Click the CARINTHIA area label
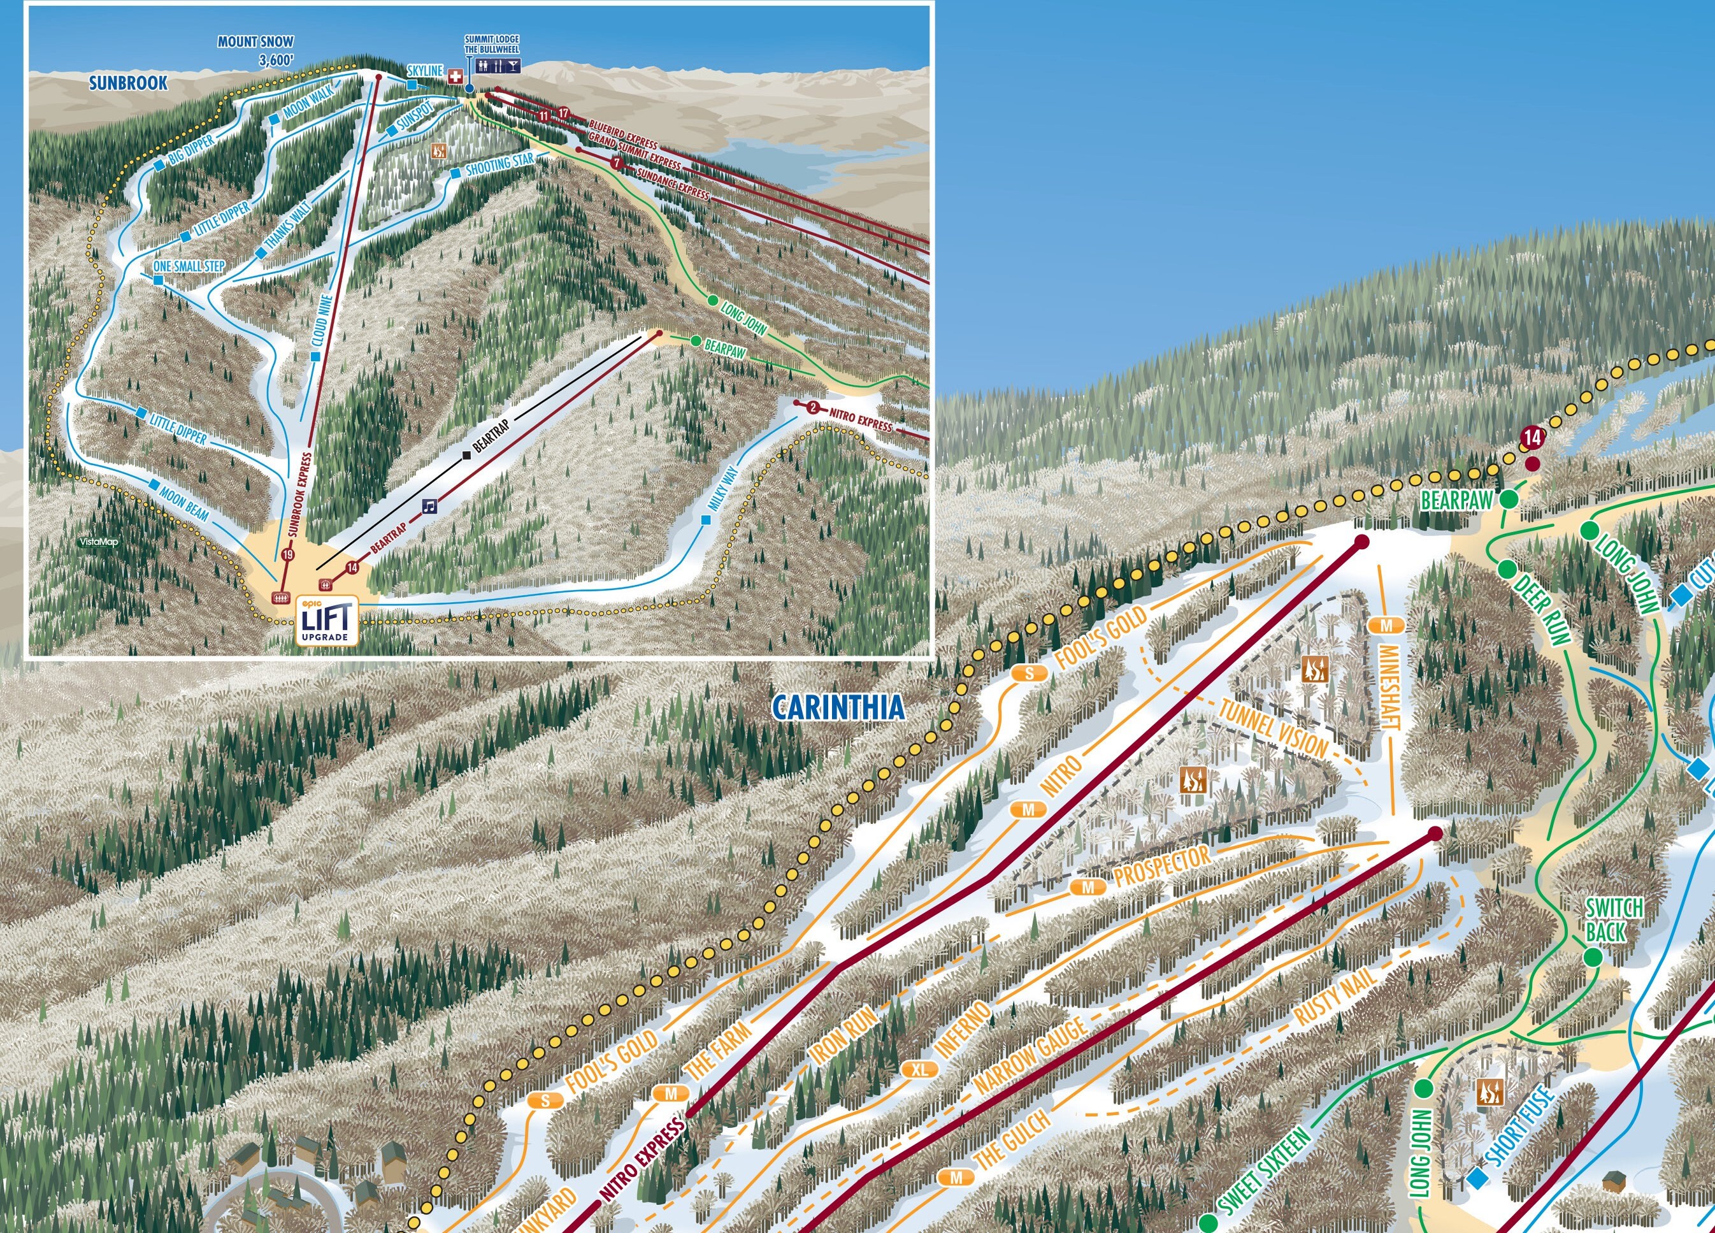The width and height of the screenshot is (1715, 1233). (x=838, y=708)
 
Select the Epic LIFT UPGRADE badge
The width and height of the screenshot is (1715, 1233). (x=327, y=622)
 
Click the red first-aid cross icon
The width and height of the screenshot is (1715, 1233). (x=456, y=76)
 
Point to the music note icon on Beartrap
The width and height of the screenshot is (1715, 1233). (x=429, y=506)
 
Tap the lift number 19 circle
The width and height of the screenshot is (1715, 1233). (x=287, y=554)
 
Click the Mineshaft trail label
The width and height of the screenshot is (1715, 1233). (x=1390, y=688)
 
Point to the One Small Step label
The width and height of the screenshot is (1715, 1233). (x=189, y=266)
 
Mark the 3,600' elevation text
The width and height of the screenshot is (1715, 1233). (x=275, y=59)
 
